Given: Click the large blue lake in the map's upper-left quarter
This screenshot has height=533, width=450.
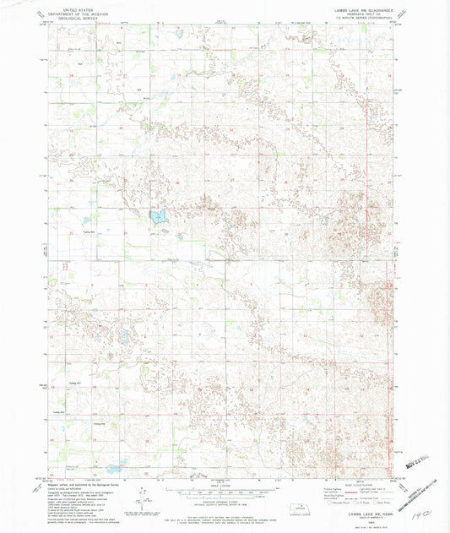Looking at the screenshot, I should [x=157, y=217].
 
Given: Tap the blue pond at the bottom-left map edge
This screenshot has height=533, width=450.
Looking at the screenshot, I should [x=113, y=468].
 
